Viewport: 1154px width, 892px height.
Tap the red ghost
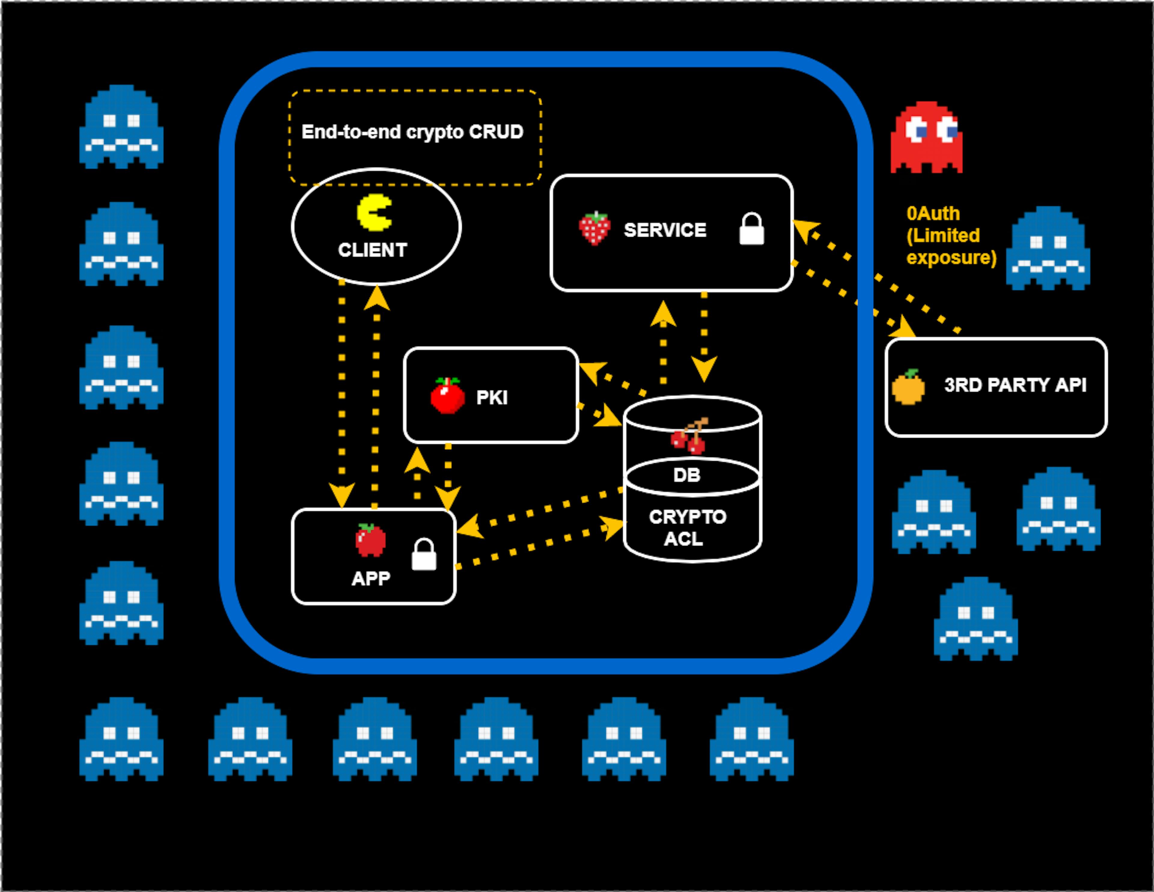coord(926,137)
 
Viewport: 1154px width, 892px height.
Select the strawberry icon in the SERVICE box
coord(594,229)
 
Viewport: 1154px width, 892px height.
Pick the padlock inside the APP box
coord(424,555)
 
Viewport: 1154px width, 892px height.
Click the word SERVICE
coord(665,230)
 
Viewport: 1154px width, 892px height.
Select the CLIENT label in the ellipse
coord(373,250)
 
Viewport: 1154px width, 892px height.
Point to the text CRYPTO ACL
coord(687,528)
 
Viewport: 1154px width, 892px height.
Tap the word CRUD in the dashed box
coord(496,132)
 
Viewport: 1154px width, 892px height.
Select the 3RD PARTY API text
coord(1015,385)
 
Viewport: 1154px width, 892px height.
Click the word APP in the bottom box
coord(371,578)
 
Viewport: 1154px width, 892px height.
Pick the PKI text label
coord(491,397)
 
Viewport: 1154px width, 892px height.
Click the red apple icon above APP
coord(371,540)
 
